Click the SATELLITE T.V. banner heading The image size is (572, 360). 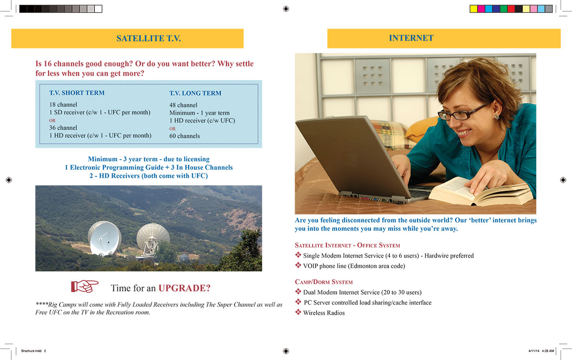pos(148,39)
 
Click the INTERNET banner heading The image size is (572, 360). pos(411,38)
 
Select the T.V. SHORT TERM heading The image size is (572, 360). pos(77,93)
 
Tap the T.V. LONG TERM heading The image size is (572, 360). pos(195,93)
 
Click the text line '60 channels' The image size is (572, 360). pos(184,136)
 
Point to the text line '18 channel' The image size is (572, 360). pos(63,104)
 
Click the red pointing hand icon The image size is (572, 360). pos(84,286)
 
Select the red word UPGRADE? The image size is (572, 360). pos(184,288)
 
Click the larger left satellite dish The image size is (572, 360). pos(104,238)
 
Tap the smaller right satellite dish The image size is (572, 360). pos(153,237)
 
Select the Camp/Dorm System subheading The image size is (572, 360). pos(324,282)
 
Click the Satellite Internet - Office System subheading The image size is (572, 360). pos(347,245)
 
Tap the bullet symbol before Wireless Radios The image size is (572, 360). pos(298,312)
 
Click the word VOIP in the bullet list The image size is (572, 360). pos(311,266)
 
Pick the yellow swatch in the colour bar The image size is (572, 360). pos(473,9)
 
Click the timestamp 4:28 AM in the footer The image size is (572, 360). pos(548,350)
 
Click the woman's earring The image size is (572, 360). pos(496,116)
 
